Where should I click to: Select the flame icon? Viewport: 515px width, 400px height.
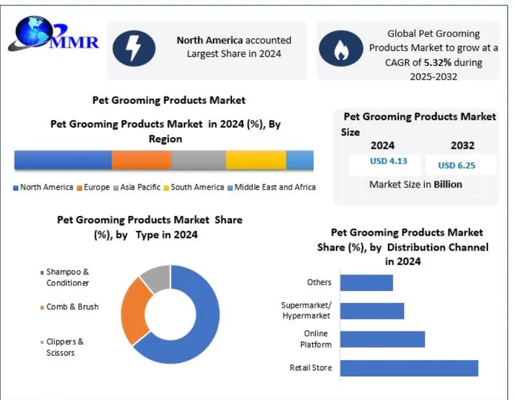(x=340, y=49)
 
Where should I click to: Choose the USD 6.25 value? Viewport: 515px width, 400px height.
(x=457, y=165)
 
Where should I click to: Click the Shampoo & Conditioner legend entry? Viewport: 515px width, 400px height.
(x=67, y=278)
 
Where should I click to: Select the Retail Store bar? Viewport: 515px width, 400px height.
(x=409, y=368)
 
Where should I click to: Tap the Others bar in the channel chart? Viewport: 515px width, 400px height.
(x=366, y=282)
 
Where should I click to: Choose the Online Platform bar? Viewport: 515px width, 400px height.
(x=382, y=339)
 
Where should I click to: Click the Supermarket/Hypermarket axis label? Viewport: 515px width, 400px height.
(x=306, y=311)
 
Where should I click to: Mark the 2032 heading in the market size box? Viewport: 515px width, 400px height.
(x=462, y=146)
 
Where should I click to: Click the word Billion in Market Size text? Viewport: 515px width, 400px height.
(x=448, y=185)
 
